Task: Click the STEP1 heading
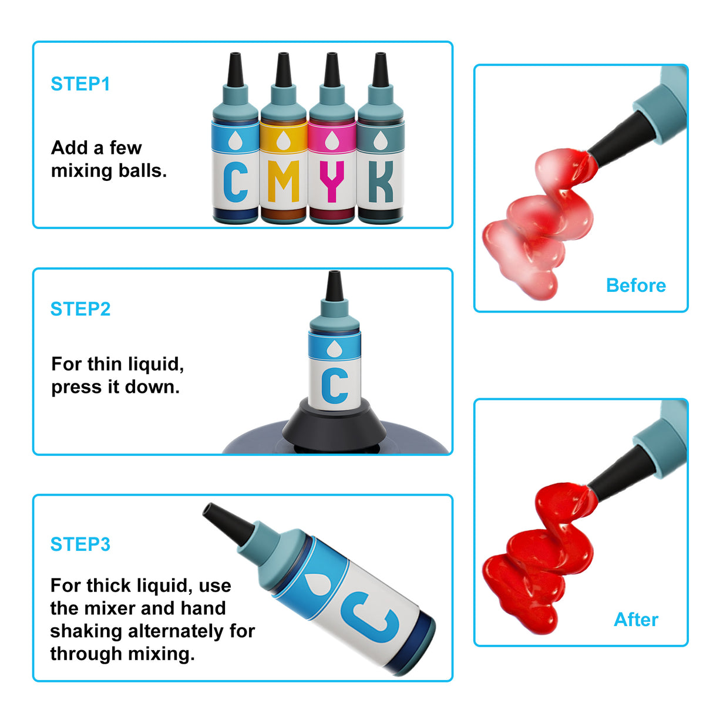point(80,84)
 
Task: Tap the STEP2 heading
point(80,309)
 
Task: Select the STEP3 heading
point(80,544)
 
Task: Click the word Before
point(635,285)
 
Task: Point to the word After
point(636,620)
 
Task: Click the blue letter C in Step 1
point(236,181)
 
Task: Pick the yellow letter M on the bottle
point(284,181)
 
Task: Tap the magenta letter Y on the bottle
point(332,181)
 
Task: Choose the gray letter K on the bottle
point(381,181)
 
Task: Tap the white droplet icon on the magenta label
point(332,140)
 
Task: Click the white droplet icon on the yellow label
point(284,140)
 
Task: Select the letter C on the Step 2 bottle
point(335,385)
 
